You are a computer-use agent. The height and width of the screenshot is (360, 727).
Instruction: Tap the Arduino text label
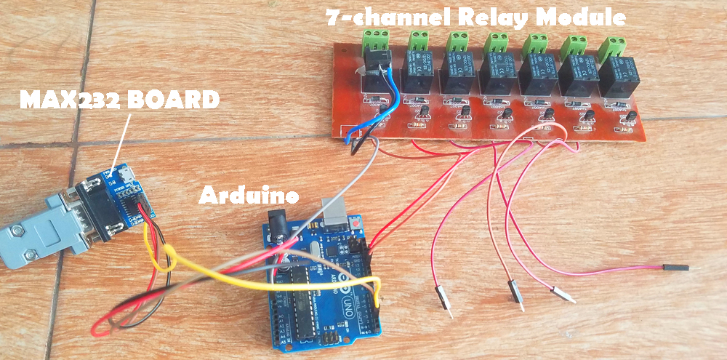tap(249, 195)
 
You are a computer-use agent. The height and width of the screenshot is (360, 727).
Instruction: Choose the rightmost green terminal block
tap(613, 47)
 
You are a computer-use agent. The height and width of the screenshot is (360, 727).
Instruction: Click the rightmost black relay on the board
tap(617, 78)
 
